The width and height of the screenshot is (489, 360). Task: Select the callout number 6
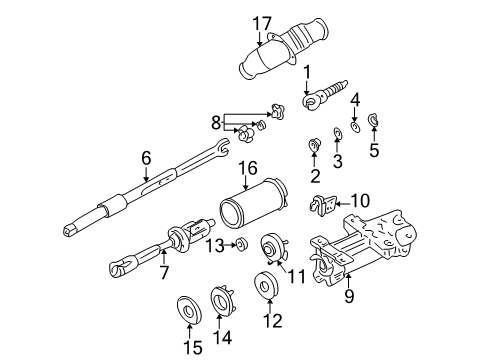[x=145, y=158]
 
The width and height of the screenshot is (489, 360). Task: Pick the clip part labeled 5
[x=374, y=123]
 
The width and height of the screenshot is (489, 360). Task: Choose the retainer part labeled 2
[x=313, y=146]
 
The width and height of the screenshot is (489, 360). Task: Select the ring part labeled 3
[x=337, y=133]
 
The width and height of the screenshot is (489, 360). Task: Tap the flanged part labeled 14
[x=222, y=301]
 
